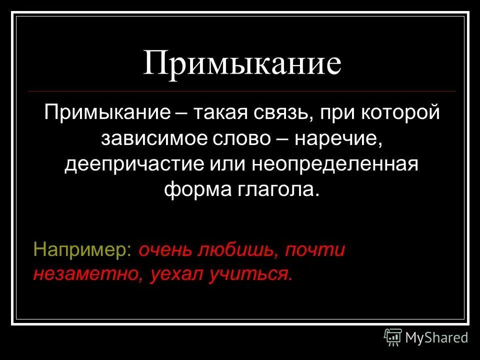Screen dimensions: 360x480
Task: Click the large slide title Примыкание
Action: (x=242, y=63)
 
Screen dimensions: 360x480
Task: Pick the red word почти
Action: (x=315, y=249)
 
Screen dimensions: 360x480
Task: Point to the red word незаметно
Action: (x=86, y=274)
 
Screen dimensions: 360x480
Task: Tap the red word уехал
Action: (x=173, y=274)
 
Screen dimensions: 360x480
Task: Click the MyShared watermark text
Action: (x=436, y=337)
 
